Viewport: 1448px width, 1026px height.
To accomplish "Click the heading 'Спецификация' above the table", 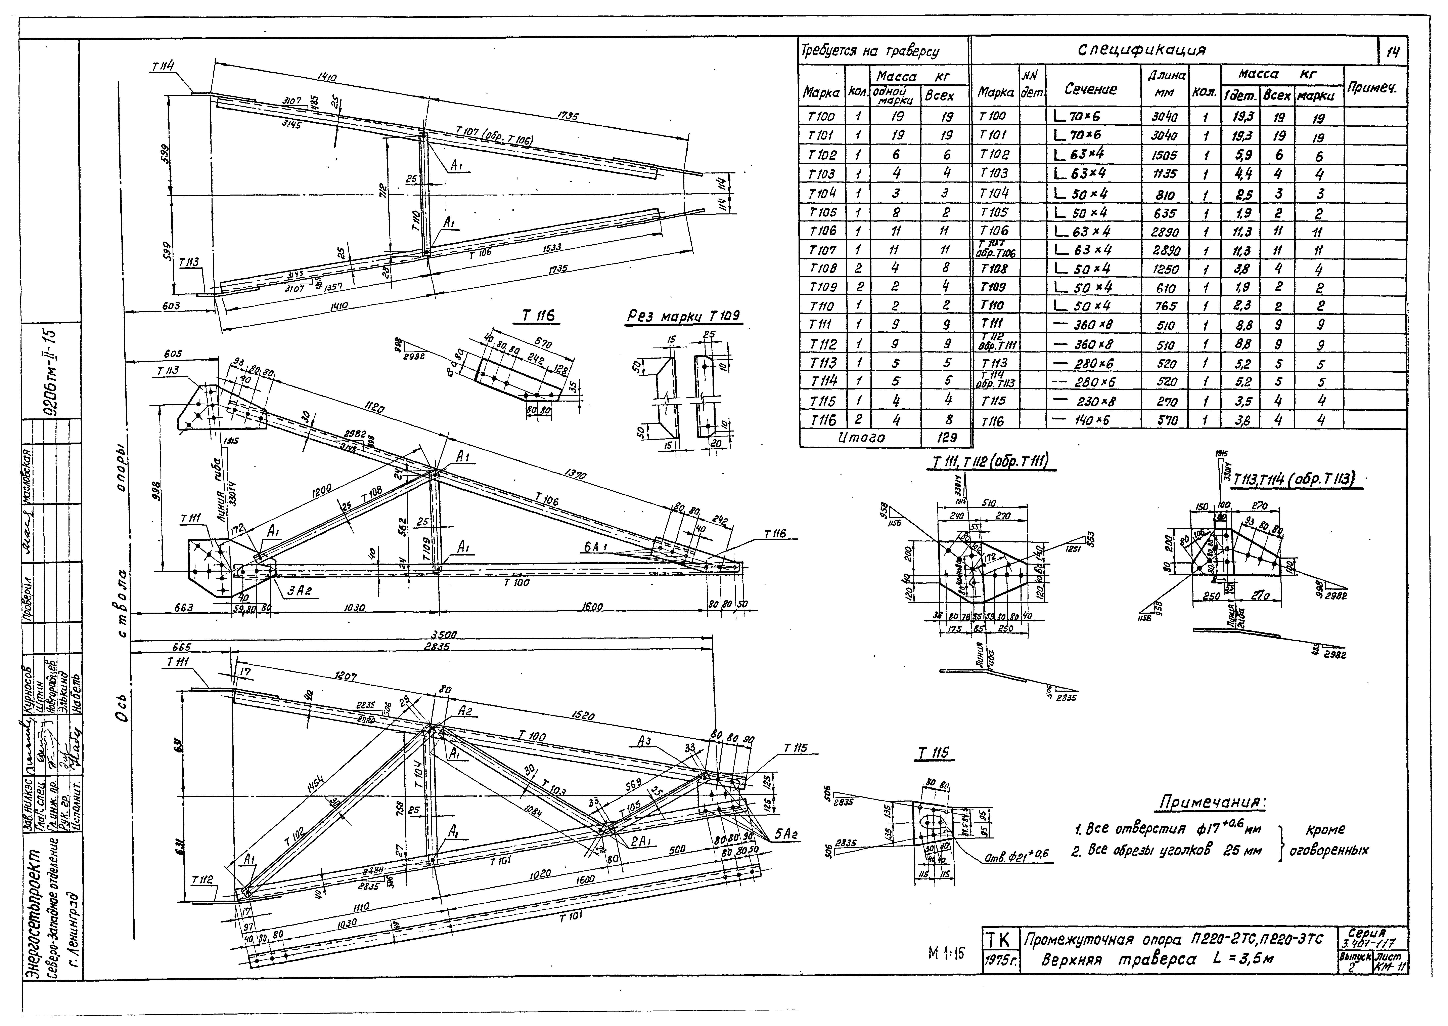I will (x=1142, y=50).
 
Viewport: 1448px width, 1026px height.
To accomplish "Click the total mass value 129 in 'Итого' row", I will (x=945, y=437).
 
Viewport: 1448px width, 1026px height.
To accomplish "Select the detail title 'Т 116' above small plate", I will (x=539, y=317).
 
